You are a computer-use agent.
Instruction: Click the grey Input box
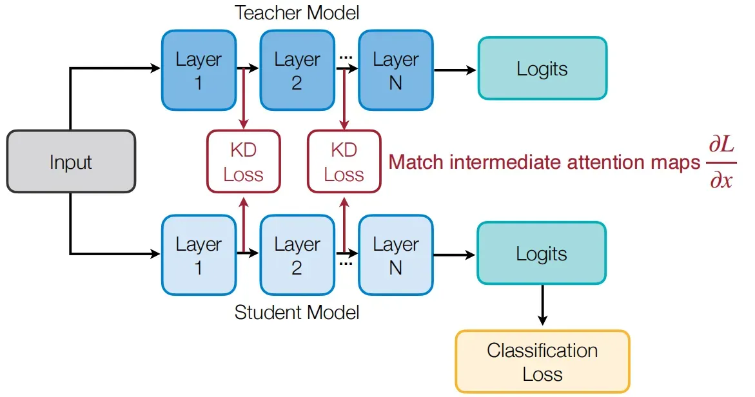click(71, 162)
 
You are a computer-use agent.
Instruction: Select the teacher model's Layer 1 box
click(199, 70)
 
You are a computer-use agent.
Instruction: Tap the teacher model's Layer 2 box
click(297, 70)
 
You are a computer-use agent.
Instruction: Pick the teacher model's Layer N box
click(396, 70)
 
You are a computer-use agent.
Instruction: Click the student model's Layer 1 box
click(199, 255)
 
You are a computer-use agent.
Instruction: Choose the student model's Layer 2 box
click(297, 255)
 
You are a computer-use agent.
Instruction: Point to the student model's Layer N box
click(396, 255)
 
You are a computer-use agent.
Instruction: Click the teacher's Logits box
click(542, 68)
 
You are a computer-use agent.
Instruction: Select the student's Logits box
click(542, 253)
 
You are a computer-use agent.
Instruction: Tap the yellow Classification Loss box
click(543, 362)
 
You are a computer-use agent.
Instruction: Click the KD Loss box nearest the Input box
click(244, 162)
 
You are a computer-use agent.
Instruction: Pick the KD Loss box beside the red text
click(344, 162)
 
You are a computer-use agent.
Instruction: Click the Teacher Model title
click(297, 12)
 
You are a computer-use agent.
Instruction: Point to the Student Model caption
click(297, 313)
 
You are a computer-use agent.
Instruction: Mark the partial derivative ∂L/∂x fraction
click(721, 162)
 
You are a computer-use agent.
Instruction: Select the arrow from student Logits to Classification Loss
click(543, 305)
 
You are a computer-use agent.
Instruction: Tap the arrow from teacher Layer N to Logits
click(455, 70)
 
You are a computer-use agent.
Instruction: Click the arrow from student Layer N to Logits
click(455, 255)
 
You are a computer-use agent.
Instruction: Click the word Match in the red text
click(416, 162)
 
